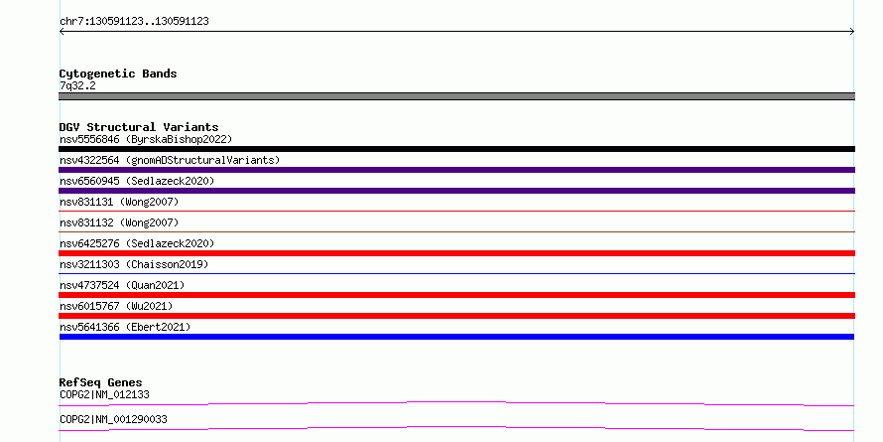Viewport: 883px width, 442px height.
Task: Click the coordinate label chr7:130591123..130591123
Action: [134, 22]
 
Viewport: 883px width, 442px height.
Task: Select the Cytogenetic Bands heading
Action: [118, 74]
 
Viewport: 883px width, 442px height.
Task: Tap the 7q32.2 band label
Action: [77, 86]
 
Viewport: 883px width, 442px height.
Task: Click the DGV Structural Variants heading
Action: [139, 127]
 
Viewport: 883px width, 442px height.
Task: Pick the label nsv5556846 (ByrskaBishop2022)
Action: [146, 139]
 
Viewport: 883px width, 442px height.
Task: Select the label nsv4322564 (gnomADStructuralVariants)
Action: [170, 160]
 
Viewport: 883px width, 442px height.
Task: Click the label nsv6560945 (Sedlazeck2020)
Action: [137, 181]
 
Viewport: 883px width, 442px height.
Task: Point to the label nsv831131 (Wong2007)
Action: [119, 202]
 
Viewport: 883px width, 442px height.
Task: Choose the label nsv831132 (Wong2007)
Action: [119, 222]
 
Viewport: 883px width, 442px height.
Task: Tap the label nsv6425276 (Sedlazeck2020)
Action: [137, 243]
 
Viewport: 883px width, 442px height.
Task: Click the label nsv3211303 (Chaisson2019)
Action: [134, 264]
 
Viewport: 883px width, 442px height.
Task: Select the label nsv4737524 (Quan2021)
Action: [122, 285]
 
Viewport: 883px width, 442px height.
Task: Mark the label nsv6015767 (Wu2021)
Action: [116, 306]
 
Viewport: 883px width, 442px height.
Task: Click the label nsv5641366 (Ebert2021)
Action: [125, 327]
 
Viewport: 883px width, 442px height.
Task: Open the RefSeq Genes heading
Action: [101, 382]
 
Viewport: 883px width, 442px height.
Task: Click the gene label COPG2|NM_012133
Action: [104, 394]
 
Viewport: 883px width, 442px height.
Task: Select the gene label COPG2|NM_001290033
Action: [113, 419]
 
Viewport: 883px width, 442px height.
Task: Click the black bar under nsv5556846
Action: [456, 149]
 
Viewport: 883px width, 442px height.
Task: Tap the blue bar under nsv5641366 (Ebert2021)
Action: [456, 337]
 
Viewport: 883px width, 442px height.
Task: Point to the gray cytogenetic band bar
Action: [456, 96]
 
